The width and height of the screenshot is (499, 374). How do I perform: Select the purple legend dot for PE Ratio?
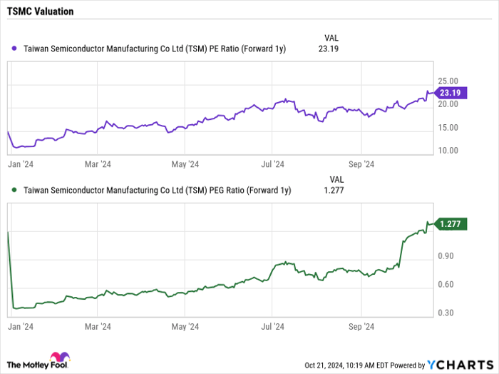[14, 49]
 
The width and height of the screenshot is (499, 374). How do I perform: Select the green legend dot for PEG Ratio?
[14, 190]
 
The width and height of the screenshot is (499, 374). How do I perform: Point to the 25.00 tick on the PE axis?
[448, 81]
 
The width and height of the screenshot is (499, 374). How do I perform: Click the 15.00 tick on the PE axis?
[448, 128]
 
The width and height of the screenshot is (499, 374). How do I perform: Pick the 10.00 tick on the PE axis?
[448, 151]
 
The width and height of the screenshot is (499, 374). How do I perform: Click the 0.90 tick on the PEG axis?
[446, 256]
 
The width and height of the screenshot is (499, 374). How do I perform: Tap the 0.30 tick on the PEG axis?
[446, 313]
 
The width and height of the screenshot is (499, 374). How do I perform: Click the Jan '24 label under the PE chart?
[22, 163]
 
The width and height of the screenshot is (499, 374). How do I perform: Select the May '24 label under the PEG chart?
[185, 326]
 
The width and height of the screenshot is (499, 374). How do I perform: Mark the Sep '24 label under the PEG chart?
[361, 326]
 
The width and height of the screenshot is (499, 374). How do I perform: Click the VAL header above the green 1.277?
[336, 178]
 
